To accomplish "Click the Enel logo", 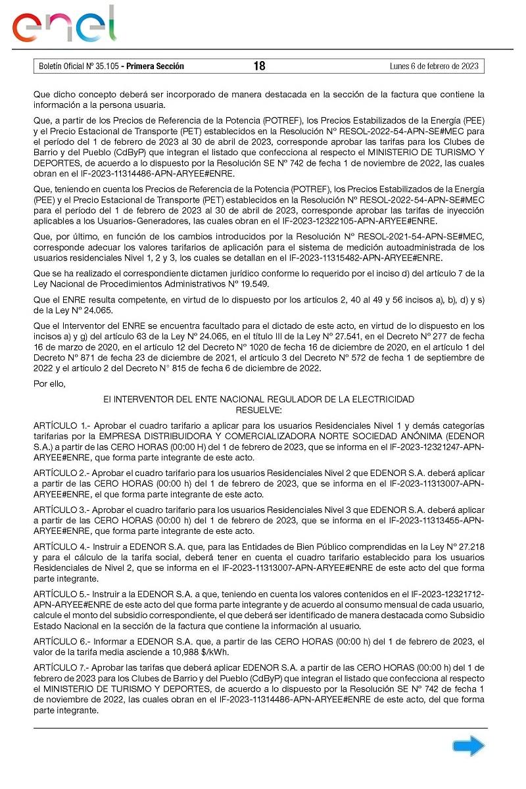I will coord(64,25).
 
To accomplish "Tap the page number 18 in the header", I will coord(259,66).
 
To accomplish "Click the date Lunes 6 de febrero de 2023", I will coord(434,66).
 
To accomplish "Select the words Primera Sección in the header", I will coord(155,66).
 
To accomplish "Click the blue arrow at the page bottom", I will coord(468,746).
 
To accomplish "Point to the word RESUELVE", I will coord(259,410).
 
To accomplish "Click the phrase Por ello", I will coord(50,385).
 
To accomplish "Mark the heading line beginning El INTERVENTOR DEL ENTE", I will coord(259,399).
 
